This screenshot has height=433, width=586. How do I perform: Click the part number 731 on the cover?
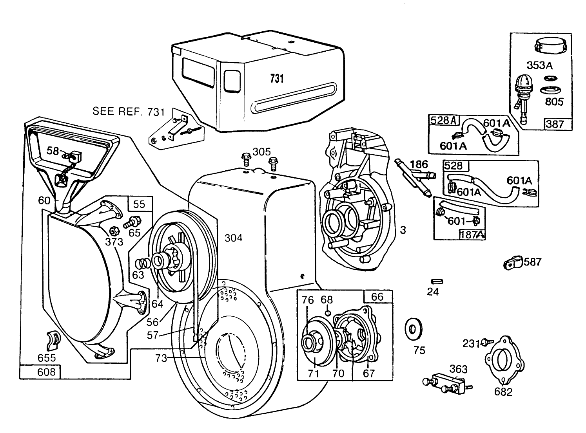pyautogui.click(x=277, y=79)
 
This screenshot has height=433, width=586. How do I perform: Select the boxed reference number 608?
pyautogui.click(x=46, y=372)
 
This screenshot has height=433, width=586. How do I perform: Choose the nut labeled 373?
pyautogui.click(x=111, y=229)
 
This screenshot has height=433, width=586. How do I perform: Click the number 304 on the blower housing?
pyautogui.click(x=233, y=238)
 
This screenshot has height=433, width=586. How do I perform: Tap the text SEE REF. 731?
pyautogui.click(x=129, y=111)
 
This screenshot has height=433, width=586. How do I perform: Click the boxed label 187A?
pyautogui.click(x=472, y=235)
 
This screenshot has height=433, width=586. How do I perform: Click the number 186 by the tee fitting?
pyautogui.click(x=419, y=164)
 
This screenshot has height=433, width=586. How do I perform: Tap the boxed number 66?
pyautogui.click(x=377, y=296)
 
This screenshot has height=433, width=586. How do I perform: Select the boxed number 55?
pyautogui.click(x=139, y=204)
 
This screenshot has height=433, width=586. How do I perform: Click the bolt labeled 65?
pyautogui.click(x=130, y=224)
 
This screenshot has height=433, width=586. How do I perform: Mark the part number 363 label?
pyautogui.click(x=458, y=369)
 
